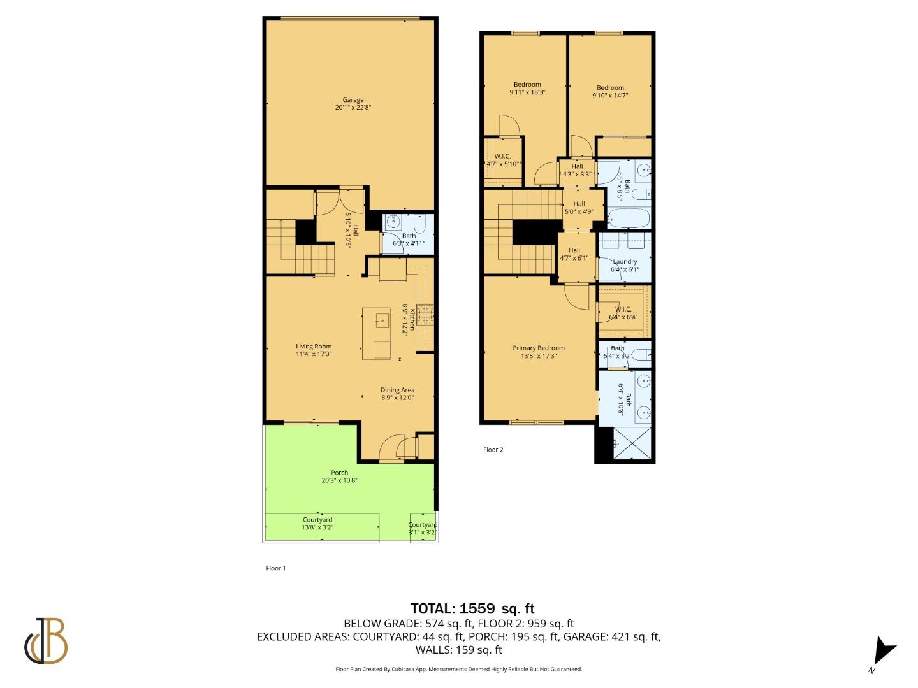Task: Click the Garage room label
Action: point(353,100)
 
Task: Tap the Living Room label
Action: point(314,347)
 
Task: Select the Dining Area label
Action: point(398,390)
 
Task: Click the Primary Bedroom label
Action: point(539,348)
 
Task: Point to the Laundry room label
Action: point(625,261)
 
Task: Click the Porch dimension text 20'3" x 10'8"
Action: point(339,480)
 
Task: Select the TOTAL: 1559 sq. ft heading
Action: point(471,608)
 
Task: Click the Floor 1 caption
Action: point(275,568)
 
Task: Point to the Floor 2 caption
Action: point(493,450)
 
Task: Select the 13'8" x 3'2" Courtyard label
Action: point(317,524)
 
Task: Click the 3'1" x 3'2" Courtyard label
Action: point(423,528)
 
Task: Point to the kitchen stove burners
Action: point(426,314)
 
